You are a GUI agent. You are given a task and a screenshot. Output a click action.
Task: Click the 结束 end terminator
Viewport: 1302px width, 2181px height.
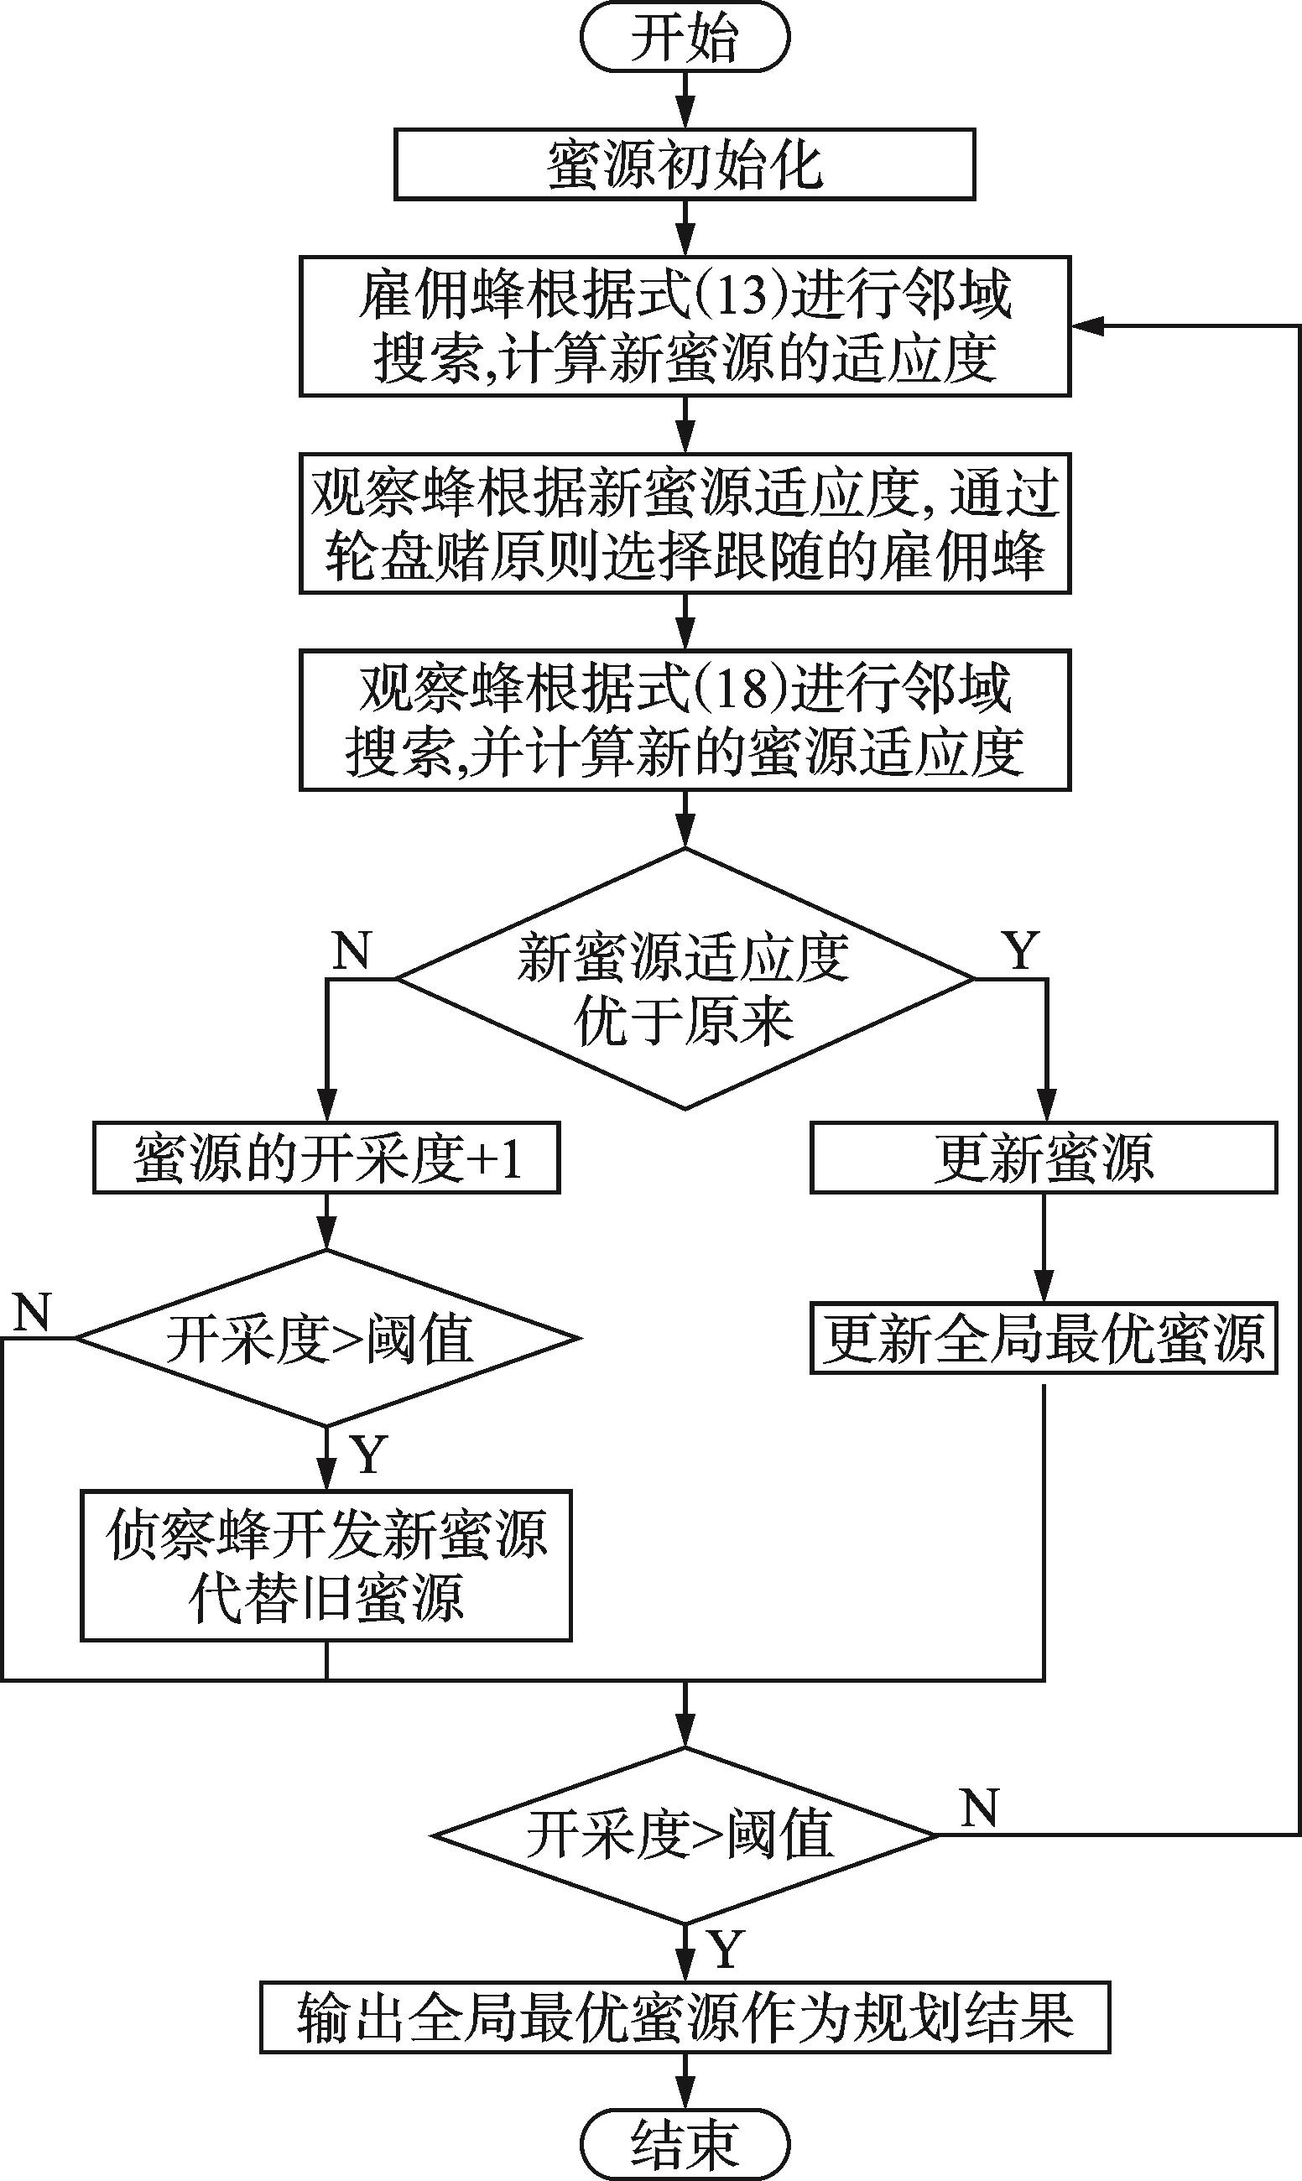[x=685, y=2142]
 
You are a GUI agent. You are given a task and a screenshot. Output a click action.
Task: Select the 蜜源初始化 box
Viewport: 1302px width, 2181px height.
[x=685, y=164]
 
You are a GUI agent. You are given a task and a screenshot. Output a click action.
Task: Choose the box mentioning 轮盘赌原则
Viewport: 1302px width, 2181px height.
[x=685, y=523]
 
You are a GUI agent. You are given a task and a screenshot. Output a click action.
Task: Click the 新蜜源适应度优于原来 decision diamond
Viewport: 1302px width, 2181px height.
[x=685, y=978]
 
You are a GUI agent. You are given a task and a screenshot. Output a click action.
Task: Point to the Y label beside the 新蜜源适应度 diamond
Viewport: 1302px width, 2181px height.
[x=1020, y=950]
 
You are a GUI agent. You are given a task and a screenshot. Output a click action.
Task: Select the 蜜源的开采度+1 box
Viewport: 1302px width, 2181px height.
[x=326, y=1158]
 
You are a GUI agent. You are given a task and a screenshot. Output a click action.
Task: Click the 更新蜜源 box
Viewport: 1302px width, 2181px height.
[x=1043, y=1158]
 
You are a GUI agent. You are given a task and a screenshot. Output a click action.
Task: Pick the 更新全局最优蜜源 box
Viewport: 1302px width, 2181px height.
[x=1043, y=1338]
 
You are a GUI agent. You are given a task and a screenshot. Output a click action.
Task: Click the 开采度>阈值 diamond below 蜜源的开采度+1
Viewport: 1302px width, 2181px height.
[x=326, y=1338]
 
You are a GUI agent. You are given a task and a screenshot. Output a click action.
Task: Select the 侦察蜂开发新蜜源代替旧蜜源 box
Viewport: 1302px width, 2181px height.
[x=326, y=1564]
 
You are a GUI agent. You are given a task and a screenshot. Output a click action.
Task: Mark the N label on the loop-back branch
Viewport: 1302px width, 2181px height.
[x=979, y=1807]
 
